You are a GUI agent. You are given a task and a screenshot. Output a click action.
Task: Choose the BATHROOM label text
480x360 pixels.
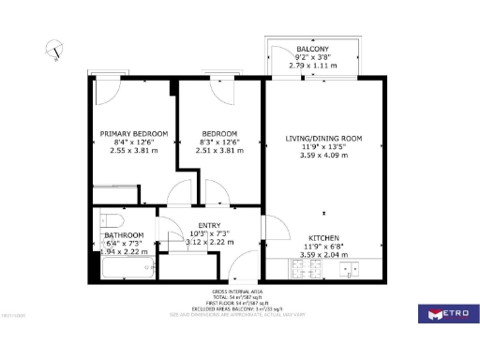pyautogui.click(x=124, y=234)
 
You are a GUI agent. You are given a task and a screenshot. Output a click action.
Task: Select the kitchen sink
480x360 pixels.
pyautogui.click(x=351, y=269)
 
